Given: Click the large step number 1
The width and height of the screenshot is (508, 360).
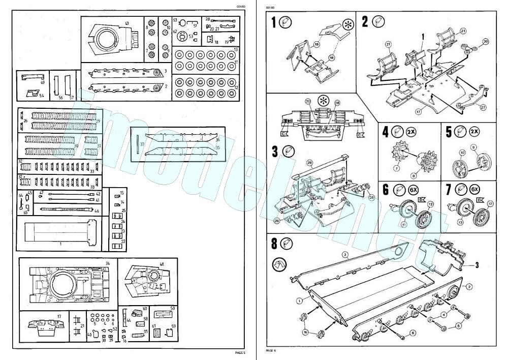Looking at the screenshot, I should pyautogui.click(x=274, y=23).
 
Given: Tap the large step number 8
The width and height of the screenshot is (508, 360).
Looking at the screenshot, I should pyautogui.click(x=274, y=243).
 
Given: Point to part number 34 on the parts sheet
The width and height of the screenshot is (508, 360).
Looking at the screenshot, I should pyautogui.click(x=108, y=263).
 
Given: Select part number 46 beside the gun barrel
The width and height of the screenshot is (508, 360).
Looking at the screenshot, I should pyautogui.click(x=97, y=210).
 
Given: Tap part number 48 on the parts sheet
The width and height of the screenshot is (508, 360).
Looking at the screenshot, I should pyautogui.click(x=162, y=264).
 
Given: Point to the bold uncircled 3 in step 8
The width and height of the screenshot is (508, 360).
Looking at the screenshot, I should pyautogui.click(x=477, y=265).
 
